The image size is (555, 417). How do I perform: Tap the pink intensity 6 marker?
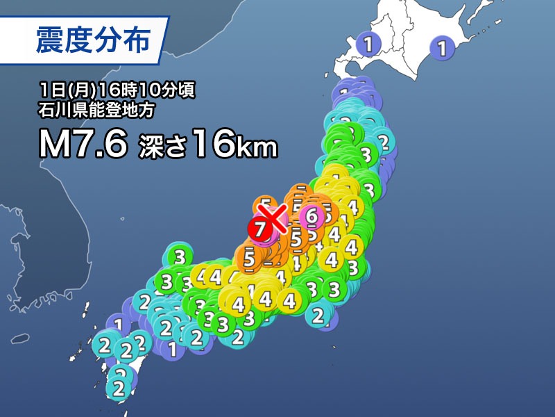coord(311,215)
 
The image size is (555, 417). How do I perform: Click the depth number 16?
coord(213,146)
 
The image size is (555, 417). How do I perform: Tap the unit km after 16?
coord(259,149)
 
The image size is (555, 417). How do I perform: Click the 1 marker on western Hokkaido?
coord(368,45)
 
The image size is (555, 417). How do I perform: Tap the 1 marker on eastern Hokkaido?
coord(440,48)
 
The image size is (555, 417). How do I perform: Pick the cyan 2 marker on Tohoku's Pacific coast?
coord(384,142)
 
